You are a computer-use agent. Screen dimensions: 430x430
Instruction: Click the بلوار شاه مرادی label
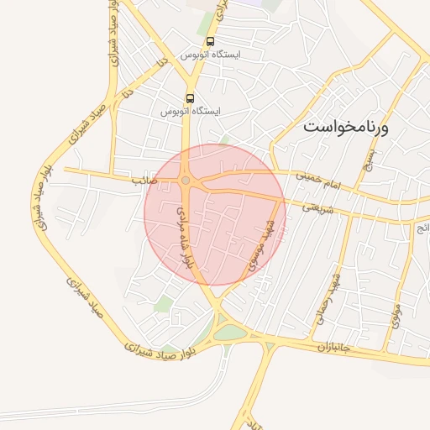(184, 238)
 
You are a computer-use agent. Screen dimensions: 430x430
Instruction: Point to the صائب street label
(139, 180)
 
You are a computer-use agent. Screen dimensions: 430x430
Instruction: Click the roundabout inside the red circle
(186, 181)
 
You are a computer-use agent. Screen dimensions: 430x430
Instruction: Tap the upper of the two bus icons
(209, 40)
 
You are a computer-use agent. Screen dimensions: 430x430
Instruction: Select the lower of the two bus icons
(190, 97)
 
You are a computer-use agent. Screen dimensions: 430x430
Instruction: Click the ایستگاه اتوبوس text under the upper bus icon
(210, 54)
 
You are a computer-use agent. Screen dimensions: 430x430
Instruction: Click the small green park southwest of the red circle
(164, 303)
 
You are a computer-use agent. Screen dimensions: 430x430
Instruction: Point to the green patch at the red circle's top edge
(223, 139)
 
